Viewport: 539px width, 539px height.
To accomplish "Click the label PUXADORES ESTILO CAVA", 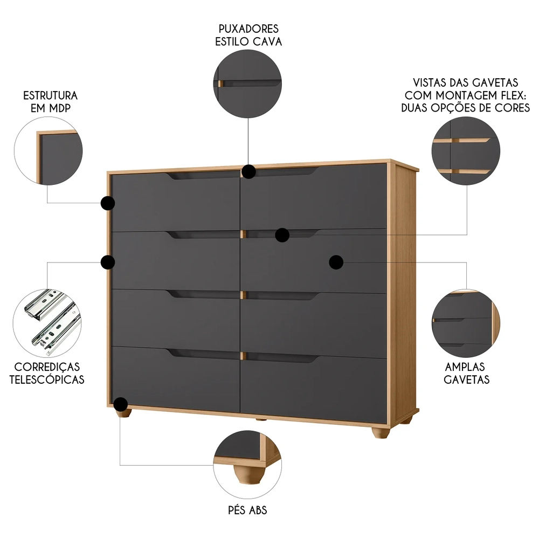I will click(248, 34).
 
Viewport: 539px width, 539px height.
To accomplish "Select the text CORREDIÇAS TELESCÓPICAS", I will click(47, 372).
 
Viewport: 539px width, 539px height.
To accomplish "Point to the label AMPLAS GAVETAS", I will click(466, 372).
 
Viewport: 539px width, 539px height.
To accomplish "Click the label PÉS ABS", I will click(248, 510).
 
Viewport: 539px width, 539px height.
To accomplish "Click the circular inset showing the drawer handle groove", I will click(248, 83).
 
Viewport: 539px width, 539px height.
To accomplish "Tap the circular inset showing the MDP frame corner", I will click(49, 151).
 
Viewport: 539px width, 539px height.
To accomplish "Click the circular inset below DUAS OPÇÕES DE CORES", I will click(466, 151).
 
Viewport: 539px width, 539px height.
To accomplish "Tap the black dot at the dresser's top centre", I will click(248, 171).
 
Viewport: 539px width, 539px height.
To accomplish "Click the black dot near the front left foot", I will click(121, 404).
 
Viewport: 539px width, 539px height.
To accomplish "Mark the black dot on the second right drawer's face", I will click(336, 262).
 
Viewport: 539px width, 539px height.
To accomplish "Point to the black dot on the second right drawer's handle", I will click(282, 234).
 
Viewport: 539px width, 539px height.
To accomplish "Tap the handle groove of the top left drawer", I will click(202, 176).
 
